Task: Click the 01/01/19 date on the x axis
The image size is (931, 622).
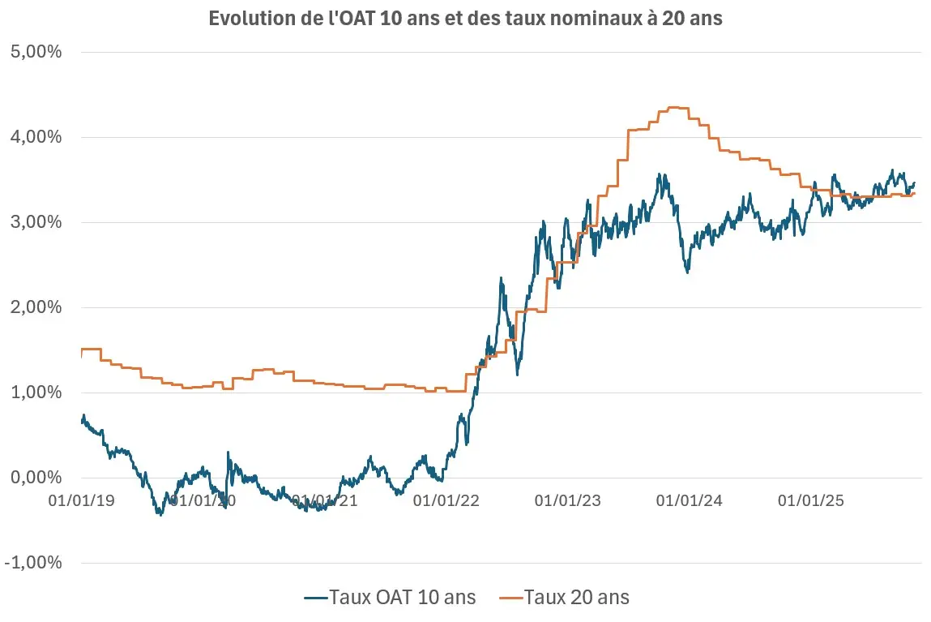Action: click(x=81, y=500)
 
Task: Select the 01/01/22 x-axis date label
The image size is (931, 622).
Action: click(x=446, y=500)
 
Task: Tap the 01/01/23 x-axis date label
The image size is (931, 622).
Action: click(x=568, y=500)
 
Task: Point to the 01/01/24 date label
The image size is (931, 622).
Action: click(x=690, y=500)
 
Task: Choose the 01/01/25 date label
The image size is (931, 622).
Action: click(x=811, y=500)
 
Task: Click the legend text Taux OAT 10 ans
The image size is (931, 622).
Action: click(x=402, y=598)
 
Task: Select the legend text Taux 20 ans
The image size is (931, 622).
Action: click(x=576, y=598)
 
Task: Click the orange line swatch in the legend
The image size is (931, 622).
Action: click(x=509, y=598)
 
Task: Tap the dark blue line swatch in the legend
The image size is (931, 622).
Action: click(x=315, y=598)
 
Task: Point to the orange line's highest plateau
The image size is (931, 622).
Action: click(x=677, y=108)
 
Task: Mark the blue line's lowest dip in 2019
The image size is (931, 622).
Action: click(x=160, y=513)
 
